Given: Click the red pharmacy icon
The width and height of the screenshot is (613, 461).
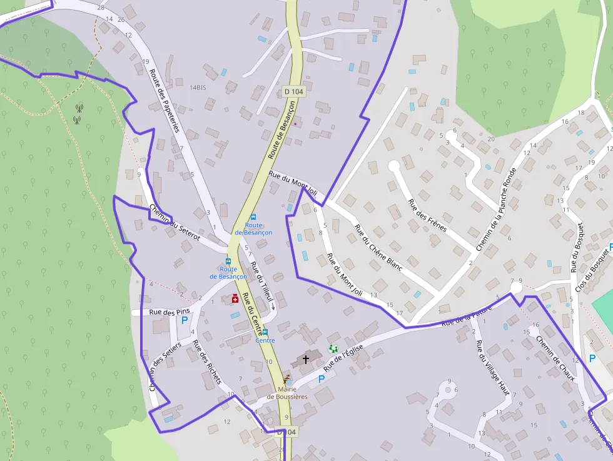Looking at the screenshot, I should (x=235, y=300).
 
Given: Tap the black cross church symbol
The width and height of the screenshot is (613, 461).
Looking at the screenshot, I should (x=306, y=359).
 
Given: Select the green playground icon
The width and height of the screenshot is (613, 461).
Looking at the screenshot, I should (x=333, y=348).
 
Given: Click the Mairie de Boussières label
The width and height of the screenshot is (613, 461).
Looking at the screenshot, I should (x=287, y=392).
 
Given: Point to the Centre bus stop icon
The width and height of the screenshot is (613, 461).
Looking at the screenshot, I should (x=265, y=332).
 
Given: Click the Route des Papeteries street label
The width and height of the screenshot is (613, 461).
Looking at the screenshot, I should (x=165, y=101).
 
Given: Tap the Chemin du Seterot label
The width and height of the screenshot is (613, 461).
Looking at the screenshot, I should (x=175, y=223).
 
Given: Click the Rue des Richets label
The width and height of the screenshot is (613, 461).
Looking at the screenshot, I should (x=206, y=362).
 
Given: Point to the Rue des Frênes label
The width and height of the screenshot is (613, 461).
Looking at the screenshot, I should (x=427, y=215).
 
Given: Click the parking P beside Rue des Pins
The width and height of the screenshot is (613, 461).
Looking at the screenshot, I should (x=185, y=320).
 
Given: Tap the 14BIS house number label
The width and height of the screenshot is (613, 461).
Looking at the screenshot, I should (x=198, y=88).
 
